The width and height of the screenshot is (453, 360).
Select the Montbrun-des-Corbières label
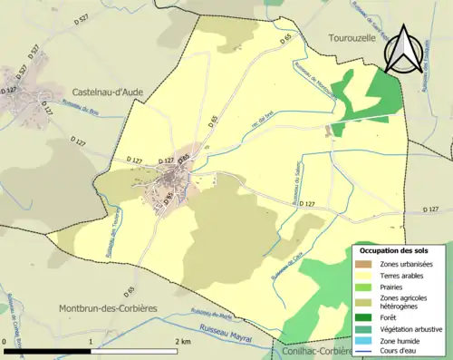107,308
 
